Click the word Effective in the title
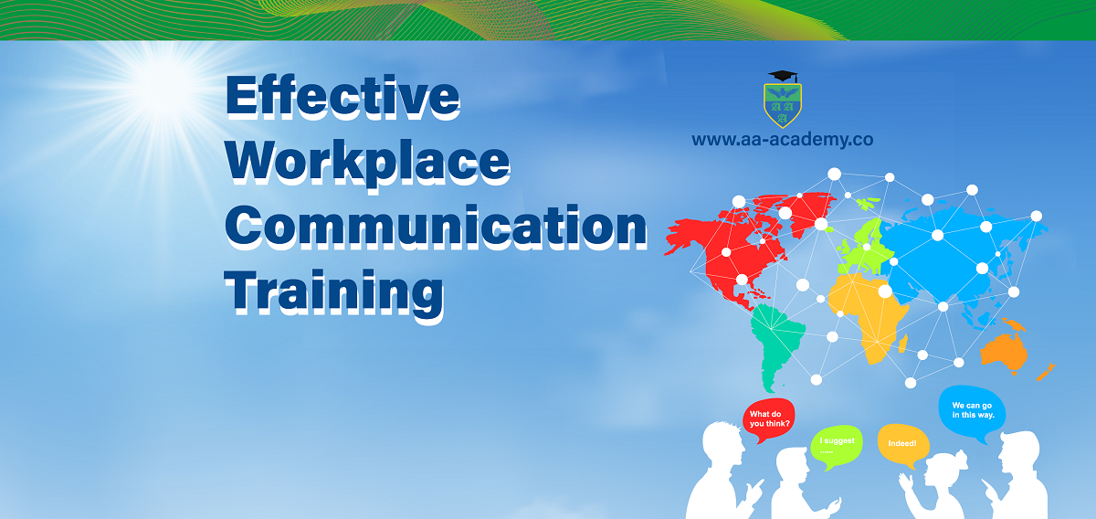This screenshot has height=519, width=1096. (342, 97)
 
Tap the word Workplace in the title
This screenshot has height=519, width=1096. (367, 163)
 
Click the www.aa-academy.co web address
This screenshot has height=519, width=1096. (783, 140)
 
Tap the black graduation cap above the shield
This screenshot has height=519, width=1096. (783, 77)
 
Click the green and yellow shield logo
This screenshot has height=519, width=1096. (783, 105)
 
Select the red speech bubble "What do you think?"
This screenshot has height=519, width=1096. (769, 419)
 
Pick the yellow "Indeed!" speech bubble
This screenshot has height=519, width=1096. (902, 445)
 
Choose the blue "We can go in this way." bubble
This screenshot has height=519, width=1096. (972, 412)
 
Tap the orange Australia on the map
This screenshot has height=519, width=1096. (1004, 351)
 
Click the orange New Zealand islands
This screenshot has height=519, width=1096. (1046, 373)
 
